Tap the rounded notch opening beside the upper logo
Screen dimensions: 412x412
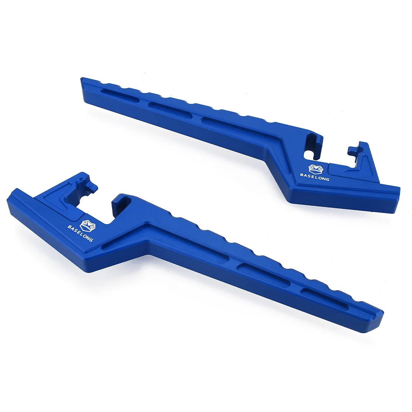[x=310, y=152]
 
